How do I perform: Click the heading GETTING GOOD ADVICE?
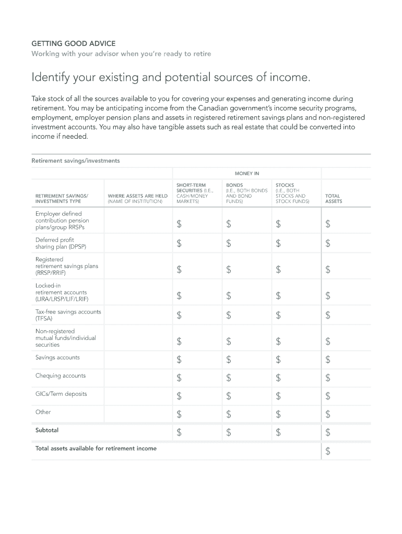tap(73, 43)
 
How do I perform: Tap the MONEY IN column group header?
tap(246, 173)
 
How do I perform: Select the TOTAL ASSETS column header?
tap(334, 199)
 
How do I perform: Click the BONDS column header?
tap(234, 185)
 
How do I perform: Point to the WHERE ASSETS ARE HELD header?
tap(137, 199)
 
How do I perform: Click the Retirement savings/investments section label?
tap(76, 161)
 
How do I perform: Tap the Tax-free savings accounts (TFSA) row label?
tap(68, 315)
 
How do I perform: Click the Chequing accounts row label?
tap(61, 375)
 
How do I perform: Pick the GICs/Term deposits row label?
tap(61, 394)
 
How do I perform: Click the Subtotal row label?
tap(47, 430)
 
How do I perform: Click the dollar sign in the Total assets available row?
tap(328, 451)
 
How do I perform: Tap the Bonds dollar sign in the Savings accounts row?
tap(229, 360)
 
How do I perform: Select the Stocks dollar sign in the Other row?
tap(278, 415)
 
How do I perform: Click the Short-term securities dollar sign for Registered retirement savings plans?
tap(179, 270)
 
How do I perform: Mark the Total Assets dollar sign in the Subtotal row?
tap(328, 432)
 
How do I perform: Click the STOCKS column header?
tap(285, 185)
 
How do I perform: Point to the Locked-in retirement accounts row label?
tap(62, 293)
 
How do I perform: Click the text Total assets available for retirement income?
tap(96, 448)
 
